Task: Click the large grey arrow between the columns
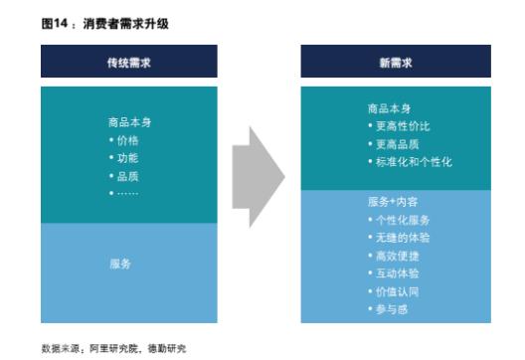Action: pyautogui.click(x=258, y=175)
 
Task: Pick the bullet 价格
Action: pyautogui.click(x=127, y=140)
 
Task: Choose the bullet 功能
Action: pyautogui.click(x=127, y=158)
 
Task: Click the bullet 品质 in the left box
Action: pyautogui.click(x=127, y=175)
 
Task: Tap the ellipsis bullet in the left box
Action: pyautogui.click(x=125, y=191)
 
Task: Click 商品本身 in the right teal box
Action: pyautogui.click(x=388, y=109)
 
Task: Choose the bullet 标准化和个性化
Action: pyautogui.click(x=409, y=161)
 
